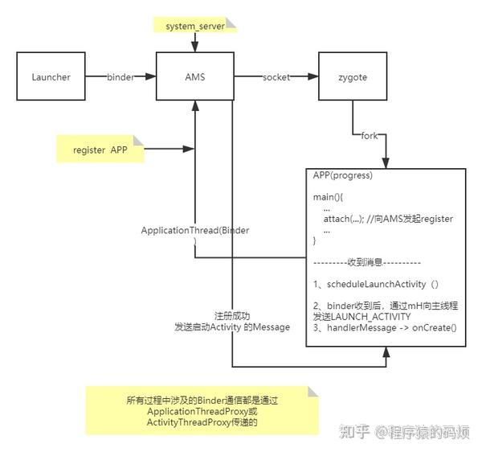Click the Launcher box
(x=51, y=77)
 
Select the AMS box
(x=194, y=77)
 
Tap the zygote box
(x=352, y=77)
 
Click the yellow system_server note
(x=195, y=26)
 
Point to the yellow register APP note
(x=100, y=150)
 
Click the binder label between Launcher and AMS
(x=121, y=77)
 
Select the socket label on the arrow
(x=275, y=77)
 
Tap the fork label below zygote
(x=370, y=135)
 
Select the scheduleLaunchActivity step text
(x=376, y=284)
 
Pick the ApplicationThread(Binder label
(x=194, y=231)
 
